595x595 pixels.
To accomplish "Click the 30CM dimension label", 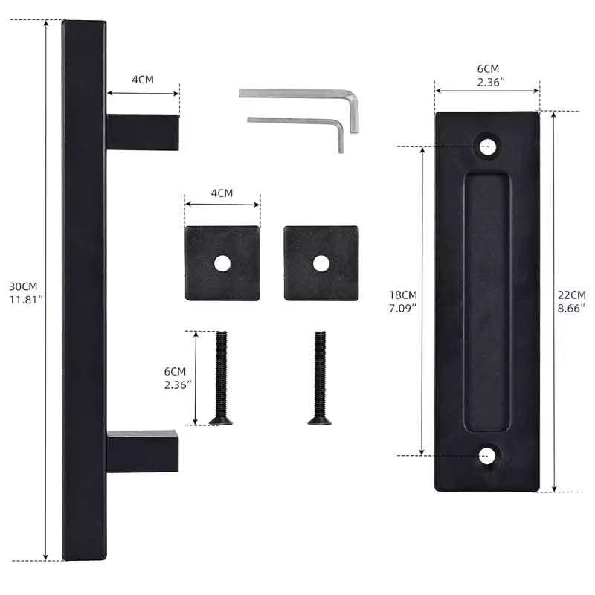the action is pyautogui.click(x=23, y=286).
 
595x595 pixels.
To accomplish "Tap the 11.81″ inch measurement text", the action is pyautogui.click(x=25, y=300).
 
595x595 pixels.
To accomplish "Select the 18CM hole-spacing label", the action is pyautogui.click(x=402, y=295).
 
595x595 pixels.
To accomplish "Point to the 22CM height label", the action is pyautogui.click(x=571, y=295).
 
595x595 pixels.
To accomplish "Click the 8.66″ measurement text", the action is pyautogui.click(x=571, y=308).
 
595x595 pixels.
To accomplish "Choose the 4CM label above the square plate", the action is pyautogui.click(x=222, y=193).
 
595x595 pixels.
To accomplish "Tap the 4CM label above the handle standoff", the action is pyautogui.click(x=143, y=80).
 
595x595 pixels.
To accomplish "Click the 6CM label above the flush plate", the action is pyautogui.click(x=488, y=69).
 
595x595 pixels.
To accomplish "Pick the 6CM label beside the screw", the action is pyautogui.click(x=175, y=371).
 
